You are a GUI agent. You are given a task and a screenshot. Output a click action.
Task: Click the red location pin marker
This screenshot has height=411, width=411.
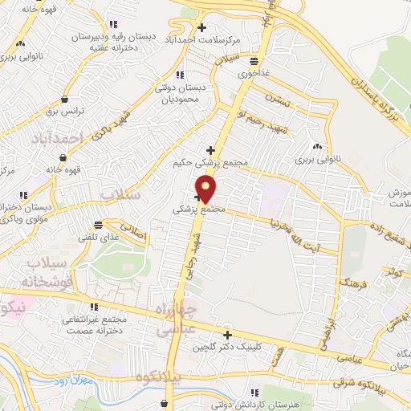point(206,189)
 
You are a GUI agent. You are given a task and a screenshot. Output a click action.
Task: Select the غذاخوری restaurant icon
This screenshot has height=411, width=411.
point(254,61)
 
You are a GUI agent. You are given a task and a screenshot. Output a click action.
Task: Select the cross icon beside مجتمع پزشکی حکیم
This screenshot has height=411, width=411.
point(211,150)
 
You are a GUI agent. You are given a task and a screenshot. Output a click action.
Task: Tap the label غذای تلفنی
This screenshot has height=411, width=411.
point(97,237)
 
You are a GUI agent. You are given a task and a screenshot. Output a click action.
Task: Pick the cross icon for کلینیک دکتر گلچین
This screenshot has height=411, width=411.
point(227,336)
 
